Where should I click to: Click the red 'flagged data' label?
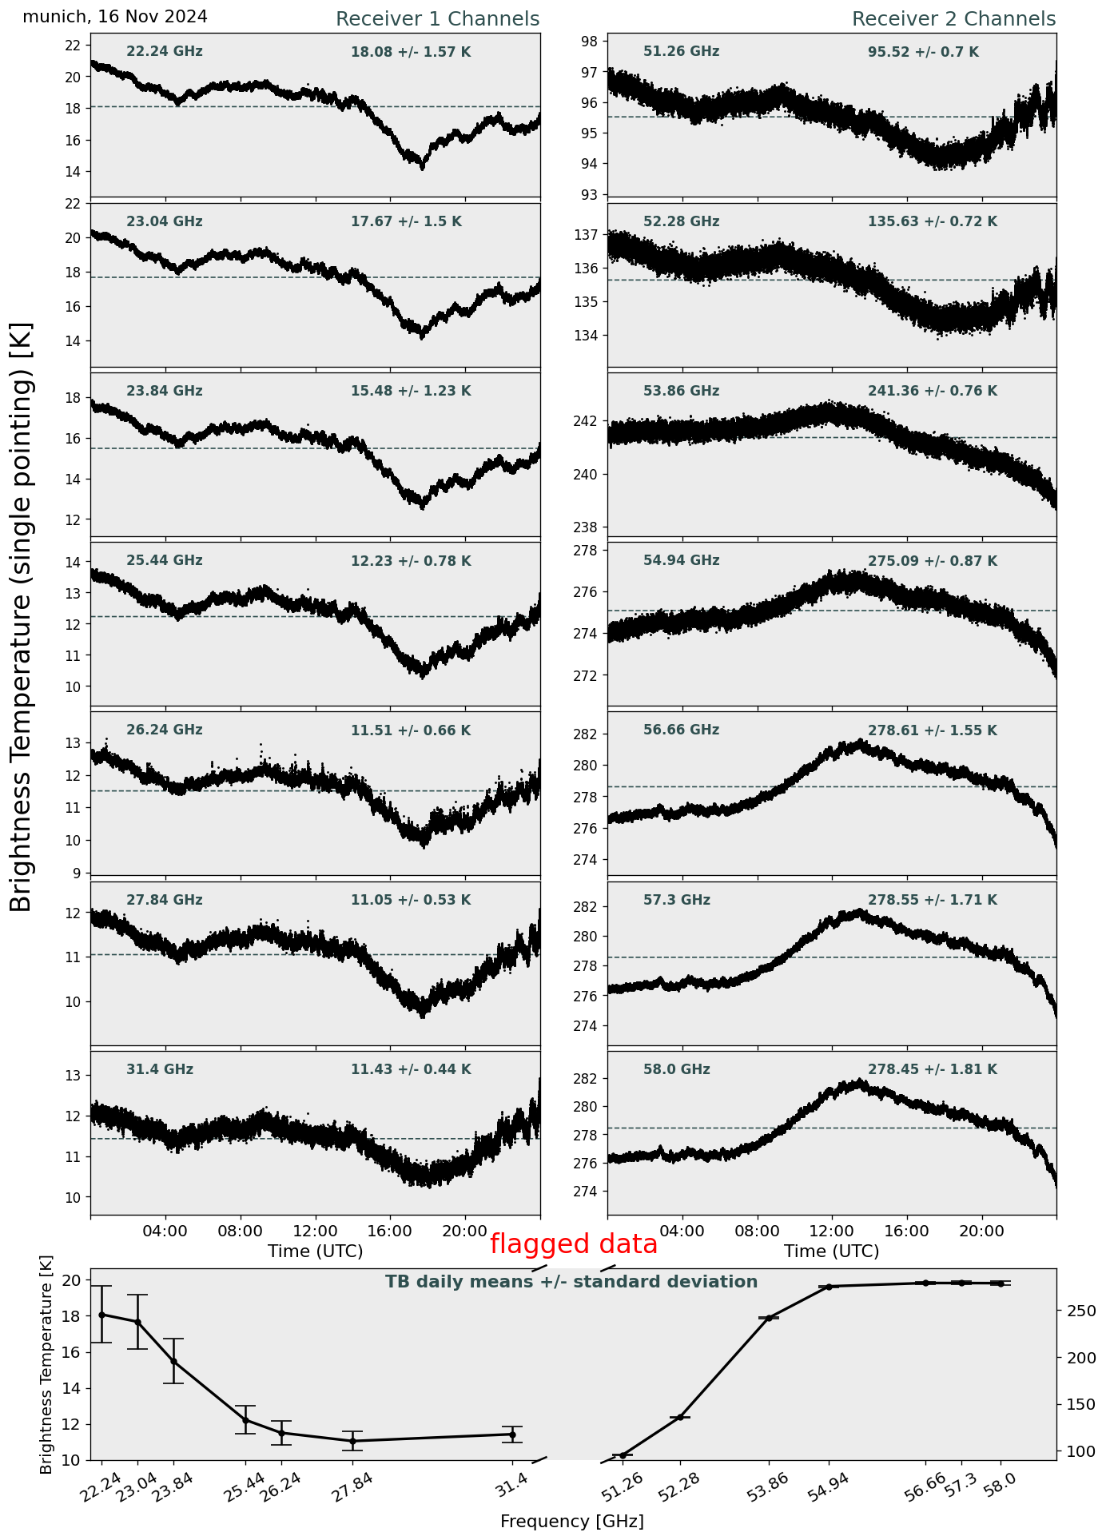pyautogui.click(x=573, y=1244)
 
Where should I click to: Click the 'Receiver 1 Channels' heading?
pyautogui.click(x=437, y=19)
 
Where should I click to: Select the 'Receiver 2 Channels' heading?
pyautogui.click(x=953, y=19)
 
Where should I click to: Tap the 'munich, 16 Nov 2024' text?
pyautogui.click(x=115, y=17)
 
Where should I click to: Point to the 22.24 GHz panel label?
pyautogui.click(x=165, y=52)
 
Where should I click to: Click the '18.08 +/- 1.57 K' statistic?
pyautogui.click(x=411, y=53)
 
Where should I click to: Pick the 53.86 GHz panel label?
pyautogui.click(x=681, y=392)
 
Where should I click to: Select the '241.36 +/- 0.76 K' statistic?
pyautogui.click(x=932, y=392)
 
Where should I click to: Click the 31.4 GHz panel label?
pyautogui.click(x=160, y=1069)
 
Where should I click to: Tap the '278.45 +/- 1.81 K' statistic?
pyautogui.click(x=932, y=1069)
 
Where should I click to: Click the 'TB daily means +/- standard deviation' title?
pyautogui.click(x=571, y=1282)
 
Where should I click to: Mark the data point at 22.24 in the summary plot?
pyautogui.click(x=101, y=1315)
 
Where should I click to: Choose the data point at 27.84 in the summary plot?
pyautogui.click(x=352, y=1441)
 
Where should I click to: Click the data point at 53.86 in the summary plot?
pyautogui.click(x=769, y=1318)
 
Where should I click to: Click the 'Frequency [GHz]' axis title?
pyautogui.click(x=571, y=1521)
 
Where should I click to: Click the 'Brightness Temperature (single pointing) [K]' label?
pyautogui.click(x=22, y=616)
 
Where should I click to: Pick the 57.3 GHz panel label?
pyautogui.click(x=676, y=900)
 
